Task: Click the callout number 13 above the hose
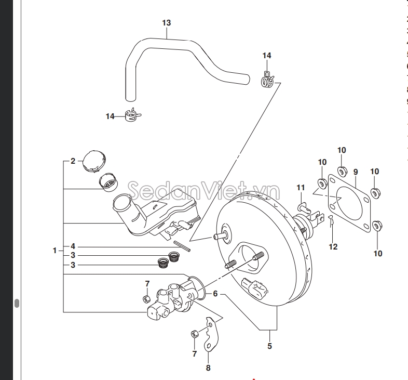pos(166,23)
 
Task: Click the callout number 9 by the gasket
pos(356,172)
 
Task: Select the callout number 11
pos(301,187)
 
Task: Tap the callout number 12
pos(333,246)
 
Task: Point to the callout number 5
pos(269,346)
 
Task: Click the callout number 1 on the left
pos(55,251)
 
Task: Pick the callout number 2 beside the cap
pos(73,161)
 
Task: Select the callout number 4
pos(73,246)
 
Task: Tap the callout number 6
pos(214,294)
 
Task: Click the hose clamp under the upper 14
pos(267,79)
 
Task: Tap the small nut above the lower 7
pos(193,333)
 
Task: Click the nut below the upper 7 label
pos(147,298)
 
